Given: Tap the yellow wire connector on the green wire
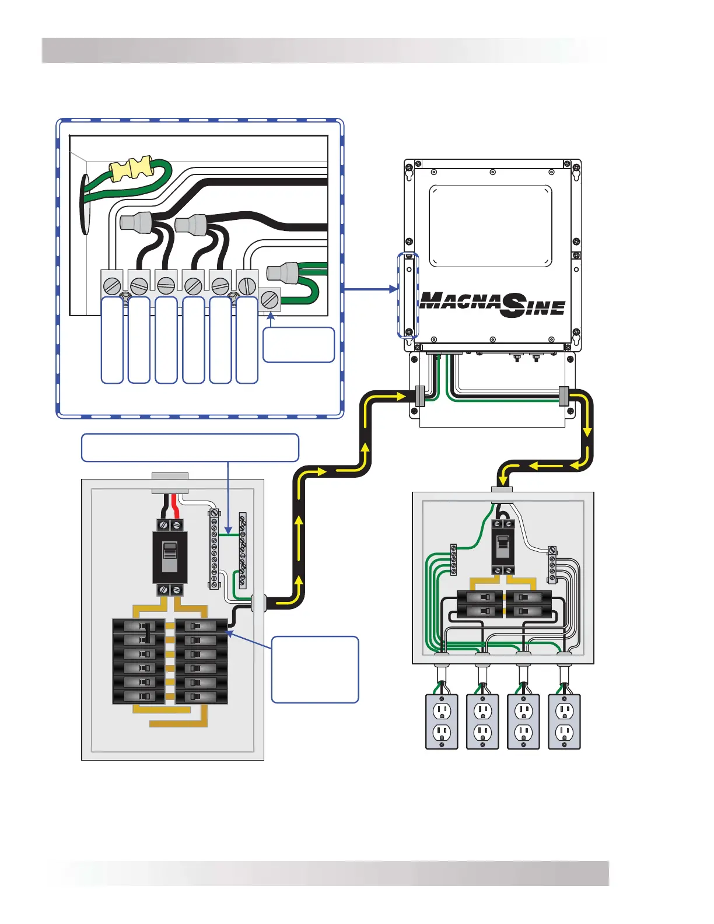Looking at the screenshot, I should (133, 169).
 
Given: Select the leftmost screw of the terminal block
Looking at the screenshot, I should (112, 286).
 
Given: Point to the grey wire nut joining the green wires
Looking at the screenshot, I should (283, 272).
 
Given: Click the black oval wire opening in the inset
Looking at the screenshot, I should (85, 204).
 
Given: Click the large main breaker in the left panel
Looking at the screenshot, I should (170, 556).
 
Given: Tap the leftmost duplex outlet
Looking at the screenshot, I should (442, 722).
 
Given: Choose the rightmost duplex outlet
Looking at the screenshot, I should (564, 722).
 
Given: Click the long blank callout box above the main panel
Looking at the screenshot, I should (190, 447).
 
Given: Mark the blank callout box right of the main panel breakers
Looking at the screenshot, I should (315, 669).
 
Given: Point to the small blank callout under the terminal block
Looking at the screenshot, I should (299, 345).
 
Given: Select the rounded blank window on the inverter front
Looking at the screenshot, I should (490, 226).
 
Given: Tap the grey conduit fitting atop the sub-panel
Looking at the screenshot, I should (502, 492).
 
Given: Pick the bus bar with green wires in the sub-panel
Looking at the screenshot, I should (453, 559).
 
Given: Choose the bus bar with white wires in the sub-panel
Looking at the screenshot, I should (552, 564).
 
